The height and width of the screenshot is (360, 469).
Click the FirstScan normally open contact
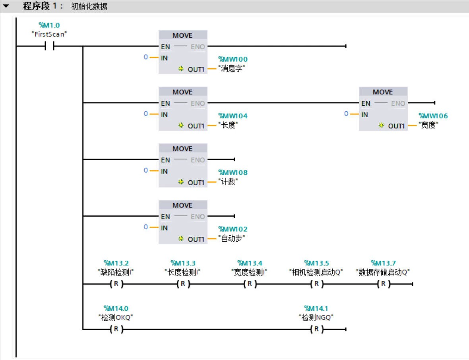pos(49,46)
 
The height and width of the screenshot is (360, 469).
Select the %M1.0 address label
pos(49,26)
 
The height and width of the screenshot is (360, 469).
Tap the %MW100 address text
pos(233,59)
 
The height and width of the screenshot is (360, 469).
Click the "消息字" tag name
pos(232,69)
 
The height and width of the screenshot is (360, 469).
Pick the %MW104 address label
pos(233,116)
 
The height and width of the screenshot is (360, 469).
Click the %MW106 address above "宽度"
pos(433,116)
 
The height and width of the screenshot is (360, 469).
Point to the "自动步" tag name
pos(232,239)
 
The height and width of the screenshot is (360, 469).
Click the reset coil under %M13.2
pos(116,284)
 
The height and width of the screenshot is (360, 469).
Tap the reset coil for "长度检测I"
pos(183,284)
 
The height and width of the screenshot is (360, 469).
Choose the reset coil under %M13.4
pos(250,284)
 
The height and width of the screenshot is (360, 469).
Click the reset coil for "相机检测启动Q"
pos(316,284)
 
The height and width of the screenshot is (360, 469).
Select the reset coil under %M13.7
pos(383,284)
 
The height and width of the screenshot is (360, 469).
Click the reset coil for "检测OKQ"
pos(116,329)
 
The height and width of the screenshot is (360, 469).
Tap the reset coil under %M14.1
pos(316,329)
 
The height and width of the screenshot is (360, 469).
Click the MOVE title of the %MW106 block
pos(383,92)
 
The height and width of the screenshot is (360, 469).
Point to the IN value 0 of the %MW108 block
pos(146,170)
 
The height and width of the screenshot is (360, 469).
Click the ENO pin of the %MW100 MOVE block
pos(198,47)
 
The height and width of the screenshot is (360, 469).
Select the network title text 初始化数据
pos(89,6)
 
